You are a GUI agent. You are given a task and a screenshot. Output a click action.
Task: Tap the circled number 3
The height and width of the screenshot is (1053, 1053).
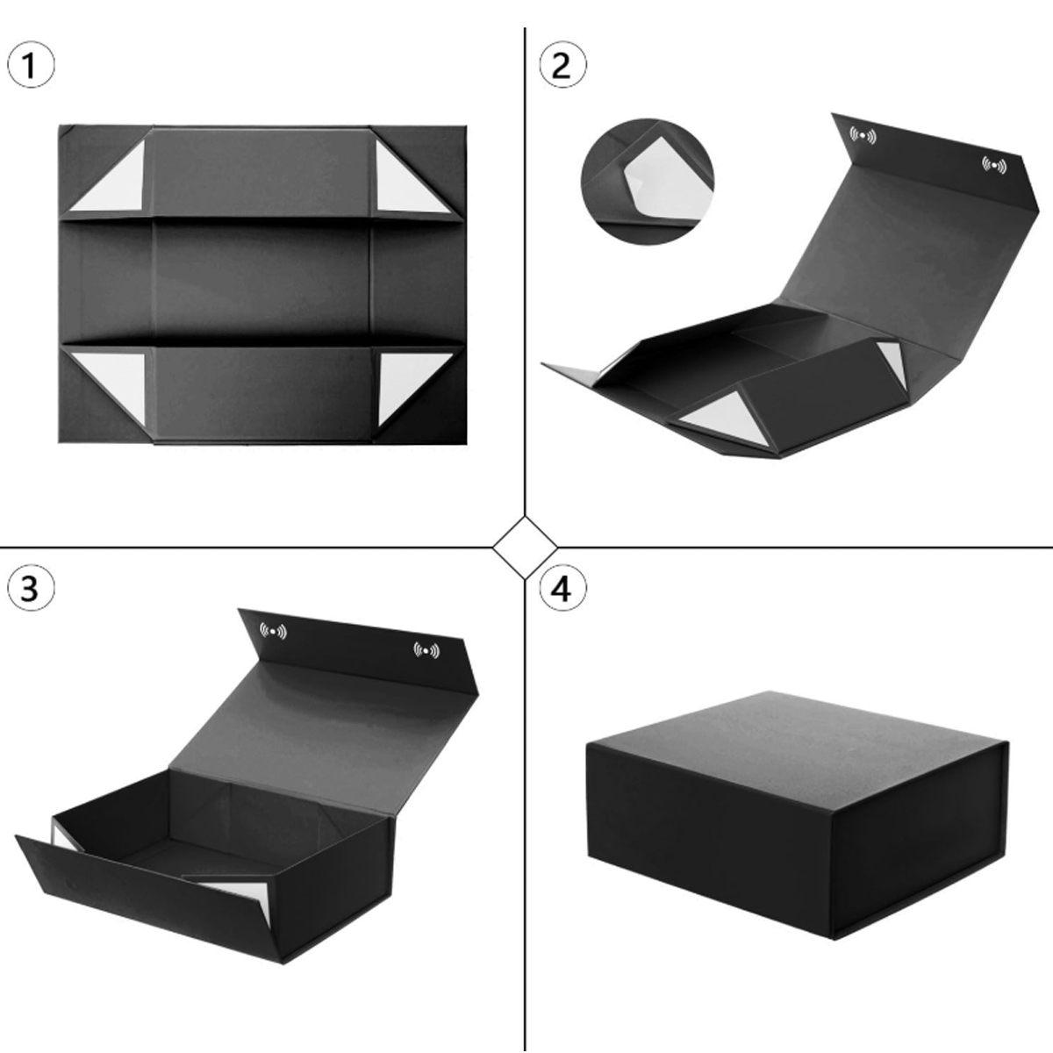(x=31, y=589)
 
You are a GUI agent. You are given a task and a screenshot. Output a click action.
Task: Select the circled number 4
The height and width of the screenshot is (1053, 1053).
(x=562, y=589)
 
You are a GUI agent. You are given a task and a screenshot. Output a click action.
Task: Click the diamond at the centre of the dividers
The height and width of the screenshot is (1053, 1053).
(x=525, y=547)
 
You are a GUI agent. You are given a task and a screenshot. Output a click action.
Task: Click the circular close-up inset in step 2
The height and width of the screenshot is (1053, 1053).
(x=648, y=182)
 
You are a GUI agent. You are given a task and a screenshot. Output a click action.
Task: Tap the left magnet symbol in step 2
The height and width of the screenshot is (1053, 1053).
(x=863, y=135)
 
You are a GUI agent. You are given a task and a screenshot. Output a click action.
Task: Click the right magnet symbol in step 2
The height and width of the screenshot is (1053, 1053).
(x=994, y=164)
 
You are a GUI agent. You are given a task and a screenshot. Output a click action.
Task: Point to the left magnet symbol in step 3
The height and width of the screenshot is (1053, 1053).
(x=273, y=631)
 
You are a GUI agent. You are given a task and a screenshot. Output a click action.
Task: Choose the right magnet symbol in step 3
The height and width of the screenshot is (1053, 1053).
(x=426, y=651)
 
